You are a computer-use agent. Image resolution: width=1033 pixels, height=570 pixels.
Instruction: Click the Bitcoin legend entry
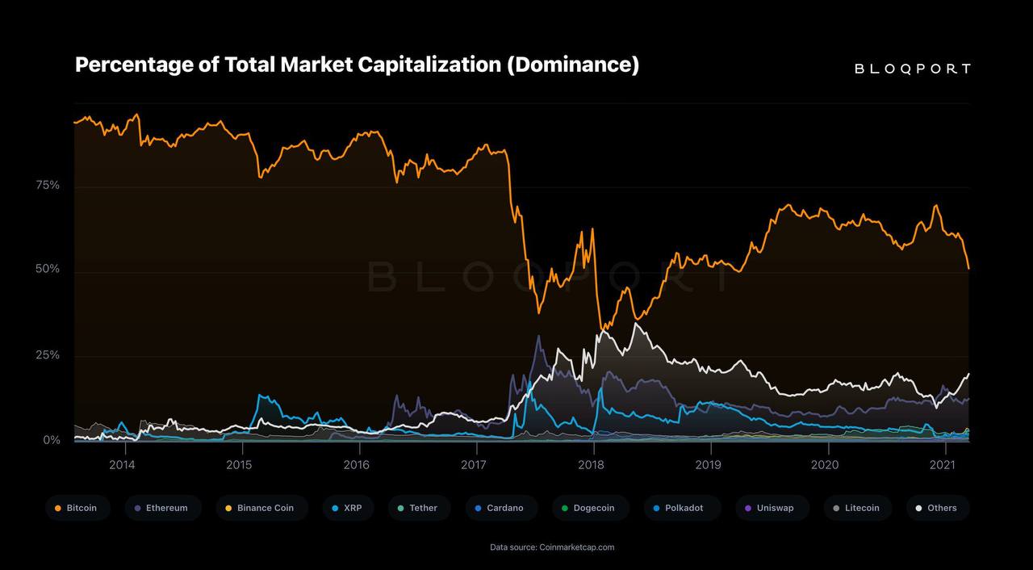tap(77, 508)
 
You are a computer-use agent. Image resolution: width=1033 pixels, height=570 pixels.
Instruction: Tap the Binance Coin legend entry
tap(261, 508)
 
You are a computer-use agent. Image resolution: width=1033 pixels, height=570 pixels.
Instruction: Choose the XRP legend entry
tap(347, 508)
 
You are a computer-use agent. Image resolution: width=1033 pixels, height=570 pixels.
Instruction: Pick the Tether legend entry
tap(418, 508)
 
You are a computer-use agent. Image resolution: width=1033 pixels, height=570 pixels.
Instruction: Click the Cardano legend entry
tap(500, 508)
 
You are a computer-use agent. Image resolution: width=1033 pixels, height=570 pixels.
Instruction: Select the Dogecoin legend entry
tap(589, 508)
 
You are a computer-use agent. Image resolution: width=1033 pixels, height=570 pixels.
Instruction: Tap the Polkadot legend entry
tap(679, 508)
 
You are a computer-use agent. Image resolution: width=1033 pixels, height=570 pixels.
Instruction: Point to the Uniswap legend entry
tap(770, 508)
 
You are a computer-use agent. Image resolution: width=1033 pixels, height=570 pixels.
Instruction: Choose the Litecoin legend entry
tap(857, 508)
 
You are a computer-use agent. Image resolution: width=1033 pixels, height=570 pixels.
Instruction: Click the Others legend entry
tap(937, 508)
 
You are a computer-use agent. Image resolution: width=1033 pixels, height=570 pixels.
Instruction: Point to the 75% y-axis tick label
tap(48, 186)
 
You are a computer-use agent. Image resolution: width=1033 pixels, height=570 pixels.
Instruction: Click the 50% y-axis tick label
tap(48, 269)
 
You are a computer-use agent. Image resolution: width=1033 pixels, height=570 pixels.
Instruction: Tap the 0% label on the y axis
tap(52, 440)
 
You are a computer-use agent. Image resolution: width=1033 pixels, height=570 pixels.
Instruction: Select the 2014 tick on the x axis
tap(122, 464)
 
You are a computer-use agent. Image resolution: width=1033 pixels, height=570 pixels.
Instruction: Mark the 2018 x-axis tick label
tap(591, 464)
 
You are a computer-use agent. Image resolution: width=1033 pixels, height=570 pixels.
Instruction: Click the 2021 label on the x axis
tap(943, 464)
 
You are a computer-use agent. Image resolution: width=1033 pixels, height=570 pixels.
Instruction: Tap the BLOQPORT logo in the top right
tap(912, 69)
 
